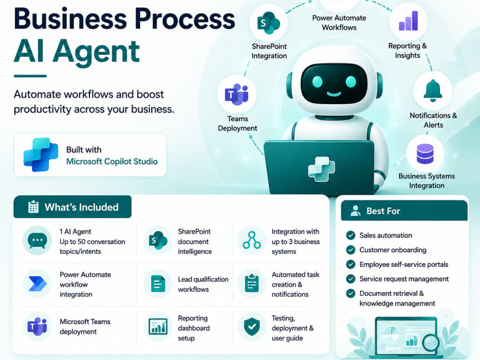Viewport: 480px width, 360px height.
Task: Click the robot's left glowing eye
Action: click(317, 82)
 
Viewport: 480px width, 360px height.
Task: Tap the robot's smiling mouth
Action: click(334, 94)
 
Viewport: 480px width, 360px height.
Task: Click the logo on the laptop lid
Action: click(322, 169)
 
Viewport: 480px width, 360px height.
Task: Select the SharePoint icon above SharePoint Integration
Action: click(268, 23)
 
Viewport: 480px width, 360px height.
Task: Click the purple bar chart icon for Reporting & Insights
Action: click(408, 21)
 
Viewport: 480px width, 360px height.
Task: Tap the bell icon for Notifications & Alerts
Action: click(433, 91)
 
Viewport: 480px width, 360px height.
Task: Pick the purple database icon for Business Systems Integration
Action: click(425, 154)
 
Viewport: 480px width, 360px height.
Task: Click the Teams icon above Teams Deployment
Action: click(237, 94)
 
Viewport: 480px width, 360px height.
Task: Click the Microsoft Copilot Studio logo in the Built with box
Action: click(41, 155)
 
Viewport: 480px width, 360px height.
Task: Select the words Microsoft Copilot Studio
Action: click(112, 161)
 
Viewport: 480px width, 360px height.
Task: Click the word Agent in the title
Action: click(96, 51)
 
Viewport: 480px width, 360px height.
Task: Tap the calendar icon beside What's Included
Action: click(34, 207)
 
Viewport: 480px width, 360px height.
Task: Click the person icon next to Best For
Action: click(355, 211)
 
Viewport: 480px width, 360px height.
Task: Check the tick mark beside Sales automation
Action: click(350, 235)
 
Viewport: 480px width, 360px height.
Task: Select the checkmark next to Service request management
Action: click(350, 279)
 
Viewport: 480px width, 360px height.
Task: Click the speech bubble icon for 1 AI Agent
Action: click(37, 240)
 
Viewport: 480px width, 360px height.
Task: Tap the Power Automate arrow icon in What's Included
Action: click(37, 284)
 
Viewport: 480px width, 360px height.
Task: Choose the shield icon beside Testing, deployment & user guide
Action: click(252, 326)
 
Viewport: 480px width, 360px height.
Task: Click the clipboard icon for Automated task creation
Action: click(252, 284)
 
